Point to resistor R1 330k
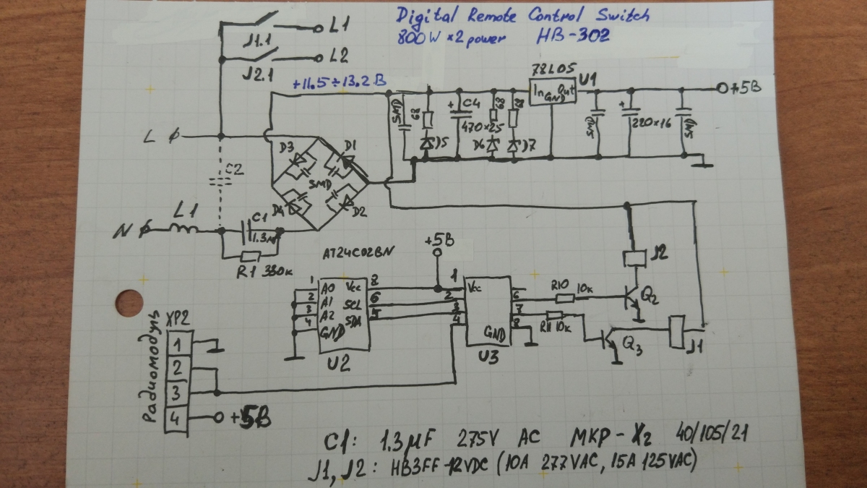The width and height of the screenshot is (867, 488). coord(250,255)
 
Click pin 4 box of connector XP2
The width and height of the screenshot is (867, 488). coord(177,418)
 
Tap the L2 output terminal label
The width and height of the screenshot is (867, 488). coord(340,55)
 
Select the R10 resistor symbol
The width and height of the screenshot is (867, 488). coord(565,297)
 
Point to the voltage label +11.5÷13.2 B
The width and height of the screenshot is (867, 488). coord(338,84)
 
